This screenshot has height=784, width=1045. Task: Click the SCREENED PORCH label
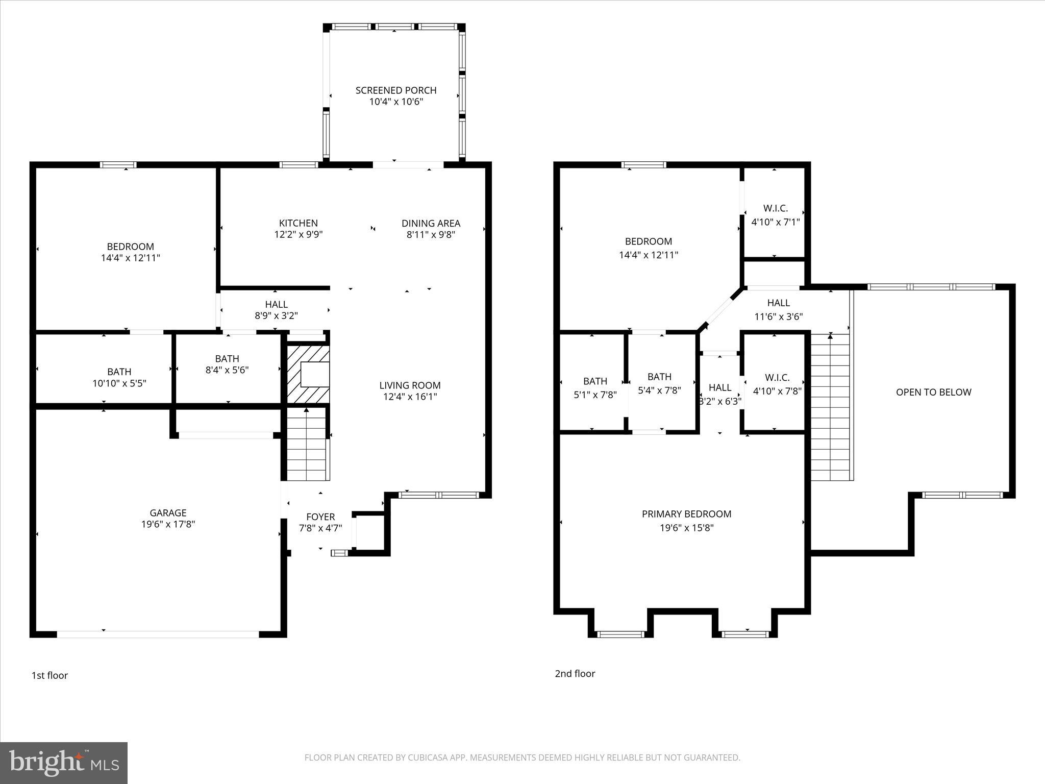396,90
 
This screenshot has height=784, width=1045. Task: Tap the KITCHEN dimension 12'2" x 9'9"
298,235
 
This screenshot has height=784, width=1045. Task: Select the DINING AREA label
431,223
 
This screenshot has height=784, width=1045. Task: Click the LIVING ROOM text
410,385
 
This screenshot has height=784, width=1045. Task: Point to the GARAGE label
168,512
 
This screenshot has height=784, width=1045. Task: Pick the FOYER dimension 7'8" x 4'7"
320,528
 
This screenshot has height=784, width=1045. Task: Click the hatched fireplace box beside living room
308,374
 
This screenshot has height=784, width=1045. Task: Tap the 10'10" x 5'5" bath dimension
119,383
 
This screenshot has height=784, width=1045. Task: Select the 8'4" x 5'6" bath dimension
227,370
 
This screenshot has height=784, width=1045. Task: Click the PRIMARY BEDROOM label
686,514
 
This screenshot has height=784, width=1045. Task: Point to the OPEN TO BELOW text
933,392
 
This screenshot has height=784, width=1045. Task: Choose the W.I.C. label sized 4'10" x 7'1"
775,208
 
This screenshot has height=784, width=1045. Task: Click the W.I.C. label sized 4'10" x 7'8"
777,378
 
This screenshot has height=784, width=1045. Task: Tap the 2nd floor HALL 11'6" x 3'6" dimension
778,316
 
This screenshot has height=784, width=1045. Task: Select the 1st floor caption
49,675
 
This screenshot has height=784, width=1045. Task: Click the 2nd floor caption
575,674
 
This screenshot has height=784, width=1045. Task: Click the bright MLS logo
64,763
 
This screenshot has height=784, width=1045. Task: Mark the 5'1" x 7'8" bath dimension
595,395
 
